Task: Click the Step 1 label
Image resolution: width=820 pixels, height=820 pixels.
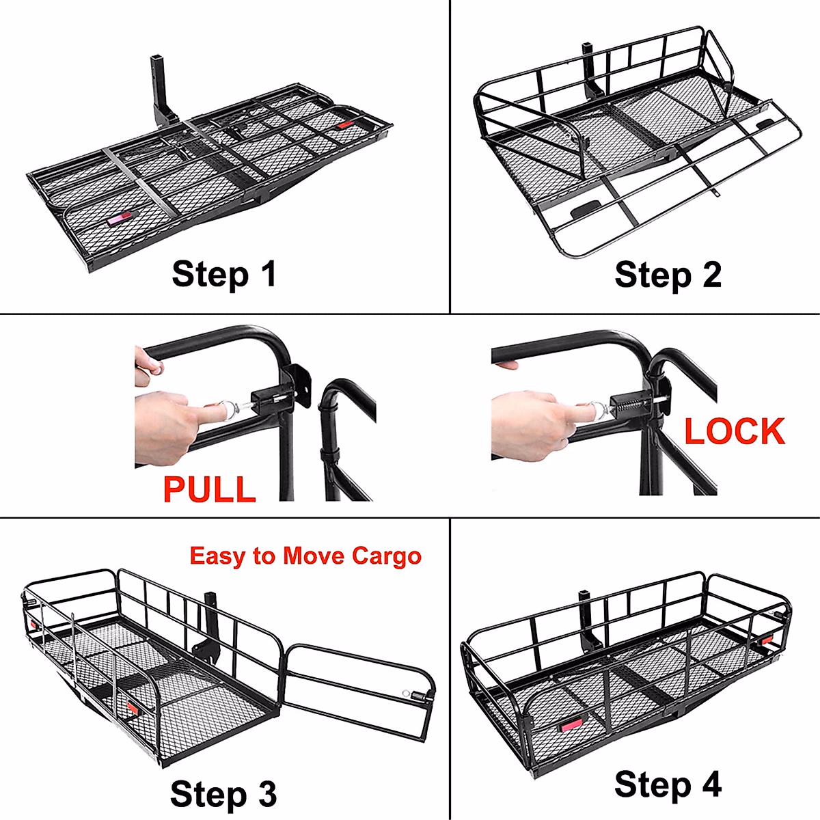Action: (x=224, y=274)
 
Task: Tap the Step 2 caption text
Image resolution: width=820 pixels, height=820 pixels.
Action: (x=668, y=275)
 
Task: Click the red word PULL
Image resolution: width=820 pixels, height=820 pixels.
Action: (x=209, y=489)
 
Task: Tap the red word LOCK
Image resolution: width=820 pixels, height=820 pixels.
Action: (x=735, y=431)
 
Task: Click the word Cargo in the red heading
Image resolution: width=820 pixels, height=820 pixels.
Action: (x=387, y=556)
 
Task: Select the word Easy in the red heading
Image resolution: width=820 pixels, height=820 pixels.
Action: (x=217, y=556)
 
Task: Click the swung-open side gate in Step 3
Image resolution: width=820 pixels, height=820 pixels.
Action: (x=360, y=690)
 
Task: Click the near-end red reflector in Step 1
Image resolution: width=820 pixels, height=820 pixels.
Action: (x=117, y=221)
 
